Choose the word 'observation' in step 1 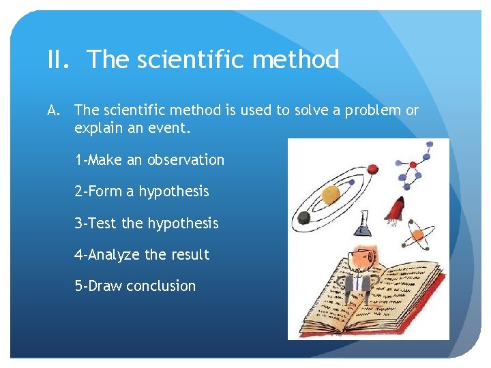[x=185, y=160]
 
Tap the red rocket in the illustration [x=396, y=208]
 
